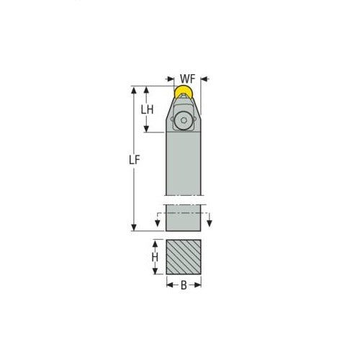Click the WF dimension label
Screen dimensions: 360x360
point(187,78)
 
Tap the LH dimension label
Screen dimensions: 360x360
point(147,109)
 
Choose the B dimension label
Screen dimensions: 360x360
point(183,286)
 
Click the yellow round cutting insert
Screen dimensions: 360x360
point(183,92)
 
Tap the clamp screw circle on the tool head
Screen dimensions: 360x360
point(185,120)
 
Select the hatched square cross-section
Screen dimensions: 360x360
point(183,256)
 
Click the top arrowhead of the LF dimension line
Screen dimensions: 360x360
point(134,90)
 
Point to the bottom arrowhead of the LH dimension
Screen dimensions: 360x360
point(147,130)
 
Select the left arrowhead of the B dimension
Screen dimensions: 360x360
point(169,286)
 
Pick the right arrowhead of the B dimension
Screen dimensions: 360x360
point(197,286)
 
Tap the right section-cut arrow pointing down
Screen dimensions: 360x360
point(209,221)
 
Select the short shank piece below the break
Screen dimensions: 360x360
point(183,218)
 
